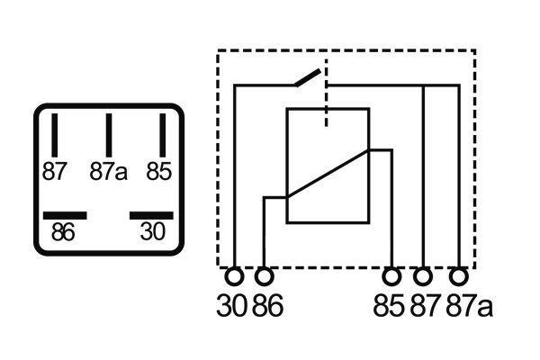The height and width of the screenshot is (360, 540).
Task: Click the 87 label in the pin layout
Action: pyautogui.click(x=54, y=171)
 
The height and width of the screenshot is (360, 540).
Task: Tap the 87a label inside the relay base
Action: pyautogui.click(x=109, y=171)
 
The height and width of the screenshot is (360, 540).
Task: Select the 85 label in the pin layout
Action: pyautogui.click(x=158, y=171)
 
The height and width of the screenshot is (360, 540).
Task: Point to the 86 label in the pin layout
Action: pyautogui.click(x=63, y=232)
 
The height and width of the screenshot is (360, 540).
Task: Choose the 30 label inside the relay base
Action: pyautogui.click(x=153, y=231)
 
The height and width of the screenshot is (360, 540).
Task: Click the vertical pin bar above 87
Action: pyautogui.click(x=54, y=135)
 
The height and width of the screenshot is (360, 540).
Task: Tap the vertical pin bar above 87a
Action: pyautogui.click(x=109, y=135)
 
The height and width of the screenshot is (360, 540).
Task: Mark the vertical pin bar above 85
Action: pyautogui.click(x=163, y=135)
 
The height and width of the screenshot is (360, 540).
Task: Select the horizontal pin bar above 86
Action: pyautogui.click(x=65, y=216)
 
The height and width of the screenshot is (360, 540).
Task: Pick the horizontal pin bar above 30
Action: pyautogui.click(x=151, y=216)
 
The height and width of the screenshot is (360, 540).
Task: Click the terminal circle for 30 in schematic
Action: pyautogui.click(x=234, y=276)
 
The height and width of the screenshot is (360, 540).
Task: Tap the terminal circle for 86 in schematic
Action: pyautogui.click(x=264, y=276)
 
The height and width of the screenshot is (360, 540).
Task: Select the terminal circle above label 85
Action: pyautogui.click(x=391, y=276)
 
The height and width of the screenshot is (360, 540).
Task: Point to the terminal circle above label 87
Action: pyautogui.click(x=423, y=276)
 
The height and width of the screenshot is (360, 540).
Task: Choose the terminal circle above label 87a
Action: pyautogui.click(x=459, y=276)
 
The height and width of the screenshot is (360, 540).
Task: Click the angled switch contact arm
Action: pyautogui.click(x=308, y=78)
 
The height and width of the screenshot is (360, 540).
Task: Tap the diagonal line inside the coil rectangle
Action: pyautogui.click(x=328, y=174)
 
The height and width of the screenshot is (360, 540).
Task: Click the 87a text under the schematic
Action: pyautogui.click(x=470, y=305)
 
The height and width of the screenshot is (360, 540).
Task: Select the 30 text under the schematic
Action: pyautogui.click(x=232, y=305)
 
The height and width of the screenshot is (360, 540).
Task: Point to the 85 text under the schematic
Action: pyautogui.click(x=389, y=305)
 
